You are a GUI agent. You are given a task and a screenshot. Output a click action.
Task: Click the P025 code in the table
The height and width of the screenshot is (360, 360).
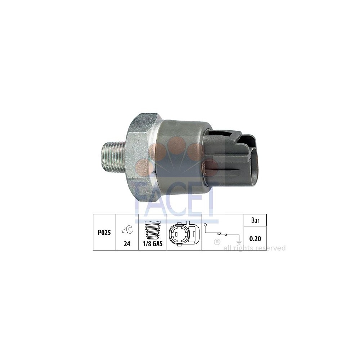[x=104, y=233]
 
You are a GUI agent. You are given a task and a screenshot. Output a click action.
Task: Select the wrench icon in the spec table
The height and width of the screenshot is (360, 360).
[x=127, y=230]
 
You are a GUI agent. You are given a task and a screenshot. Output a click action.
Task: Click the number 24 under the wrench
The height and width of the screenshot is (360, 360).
[x=127, y=244]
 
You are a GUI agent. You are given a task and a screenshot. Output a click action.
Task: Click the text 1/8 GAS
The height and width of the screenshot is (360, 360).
[x=153, y=244]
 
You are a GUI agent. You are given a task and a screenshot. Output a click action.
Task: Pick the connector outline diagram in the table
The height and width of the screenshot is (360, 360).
[x=183, y=233]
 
